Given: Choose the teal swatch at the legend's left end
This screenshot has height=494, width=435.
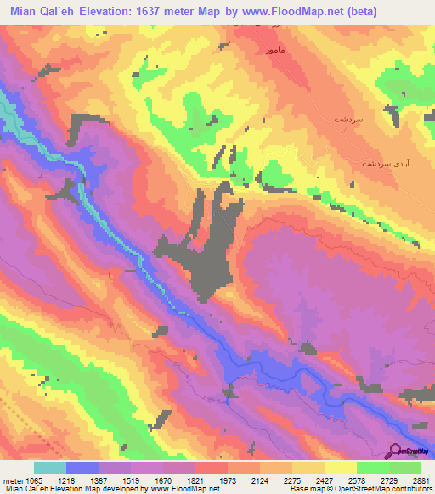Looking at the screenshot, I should [50, 468].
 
